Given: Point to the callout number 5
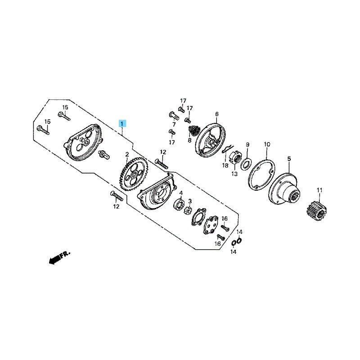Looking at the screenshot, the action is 289,159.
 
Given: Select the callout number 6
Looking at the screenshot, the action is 217,114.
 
